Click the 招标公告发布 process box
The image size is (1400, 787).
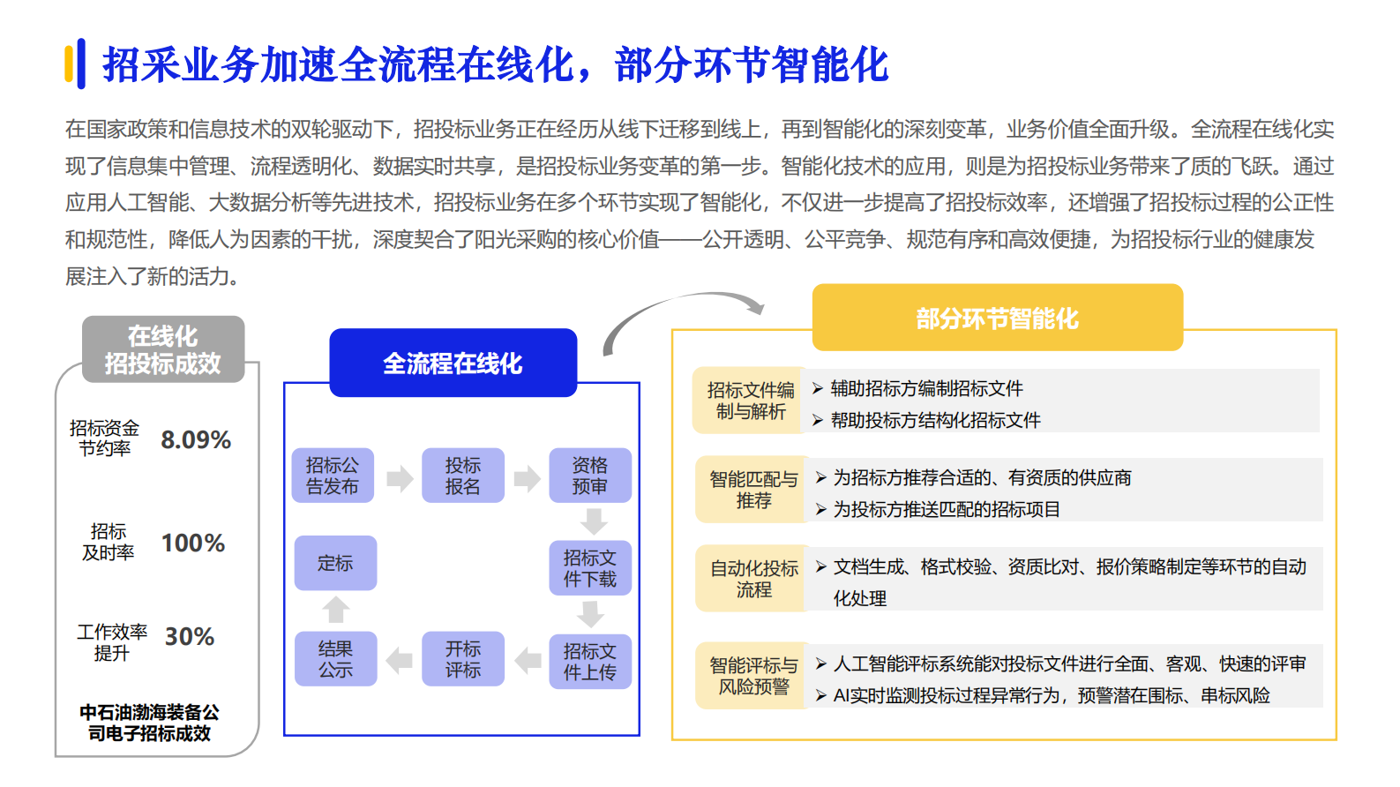tap(333, 476)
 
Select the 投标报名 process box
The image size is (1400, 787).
tap(462, 476)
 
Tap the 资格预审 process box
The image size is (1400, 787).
tap(589, 476)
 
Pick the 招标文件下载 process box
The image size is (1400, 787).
tap(589, 568)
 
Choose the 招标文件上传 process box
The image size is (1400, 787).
tap(589, 662)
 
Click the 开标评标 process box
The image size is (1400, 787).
tap(462, 659)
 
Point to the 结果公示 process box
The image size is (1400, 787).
tap(335, 659)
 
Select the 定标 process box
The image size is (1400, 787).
tap(335, 563)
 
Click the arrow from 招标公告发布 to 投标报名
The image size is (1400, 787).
tap(400, 478)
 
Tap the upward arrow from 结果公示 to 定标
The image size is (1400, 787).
tap(336, 610)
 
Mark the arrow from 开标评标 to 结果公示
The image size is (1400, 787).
tap(400, 660)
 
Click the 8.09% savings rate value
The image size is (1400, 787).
tap(196, 439)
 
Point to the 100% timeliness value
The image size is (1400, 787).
tap(193, 543)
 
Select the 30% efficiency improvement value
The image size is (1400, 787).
tap(190, 636)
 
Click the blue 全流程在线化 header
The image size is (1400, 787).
tap(453, 363)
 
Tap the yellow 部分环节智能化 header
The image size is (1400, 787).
tap(997, 318)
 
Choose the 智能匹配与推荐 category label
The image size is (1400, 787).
tap(753, 490)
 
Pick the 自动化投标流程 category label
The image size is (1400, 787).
tap(753, 579)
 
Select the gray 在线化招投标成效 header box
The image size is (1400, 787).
tap(163, 349)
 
